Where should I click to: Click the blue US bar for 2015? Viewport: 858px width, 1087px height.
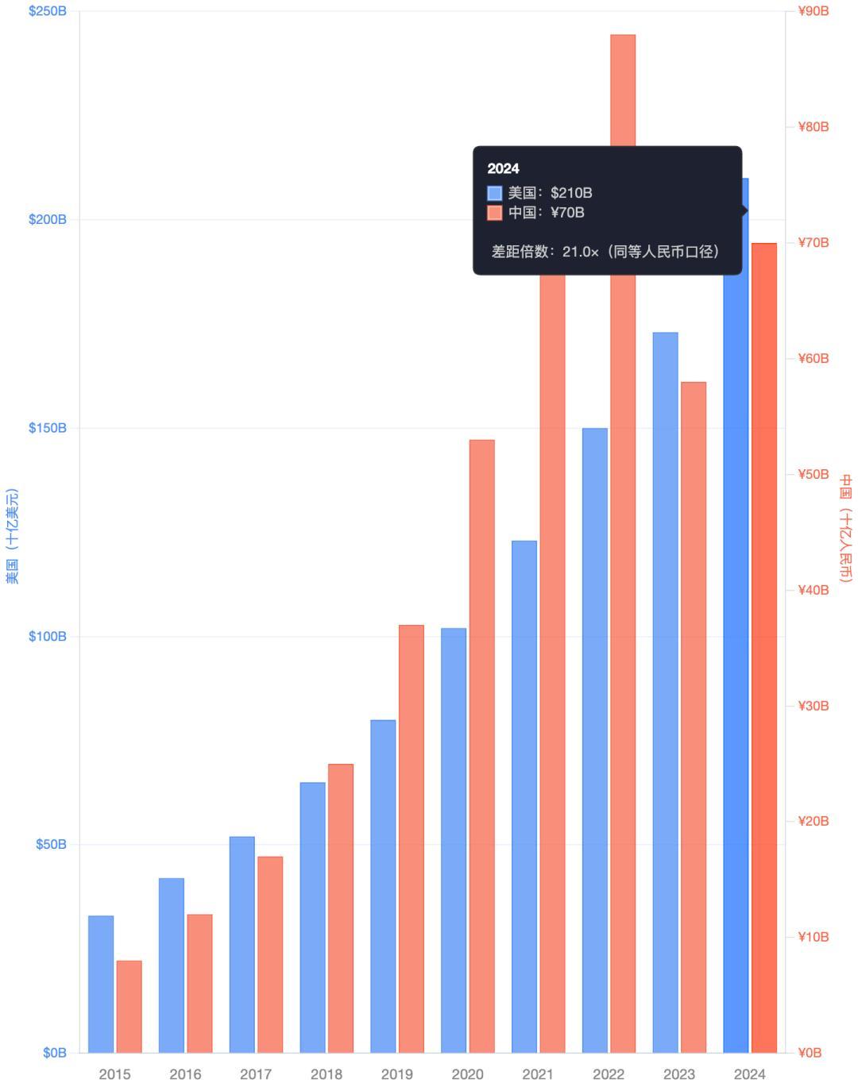[101, 984]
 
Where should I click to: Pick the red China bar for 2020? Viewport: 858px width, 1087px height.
[481, 746]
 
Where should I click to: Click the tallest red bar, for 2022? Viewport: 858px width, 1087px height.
[623, 556]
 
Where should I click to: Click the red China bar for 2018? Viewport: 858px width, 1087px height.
[341, 908]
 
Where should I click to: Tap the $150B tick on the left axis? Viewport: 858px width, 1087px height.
[48, 428]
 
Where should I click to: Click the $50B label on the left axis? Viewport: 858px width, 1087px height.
[51, 844]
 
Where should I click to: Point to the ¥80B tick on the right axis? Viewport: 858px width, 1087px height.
[813, 127]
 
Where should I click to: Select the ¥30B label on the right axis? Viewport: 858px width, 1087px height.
[813, 706]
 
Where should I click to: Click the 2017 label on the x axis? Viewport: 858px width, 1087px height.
[256, 1074]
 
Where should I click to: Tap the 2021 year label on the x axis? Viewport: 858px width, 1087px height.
[538, 1074]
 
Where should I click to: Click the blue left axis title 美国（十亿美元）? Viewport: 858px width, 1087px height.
[12, 537]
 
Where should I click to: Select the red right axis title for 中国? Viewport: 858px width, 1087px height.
[845, 529]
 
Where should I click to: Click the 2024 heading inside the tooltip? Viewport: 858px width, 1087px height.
[503, 168]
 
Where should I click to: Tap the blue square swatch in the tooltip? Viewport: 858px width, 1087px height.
[495, 193]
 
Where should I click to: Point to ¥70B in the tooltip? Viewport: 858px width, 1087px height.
[567, 212]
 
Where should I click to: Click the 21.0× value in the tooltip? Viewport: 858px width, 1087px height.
[580, 252]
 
